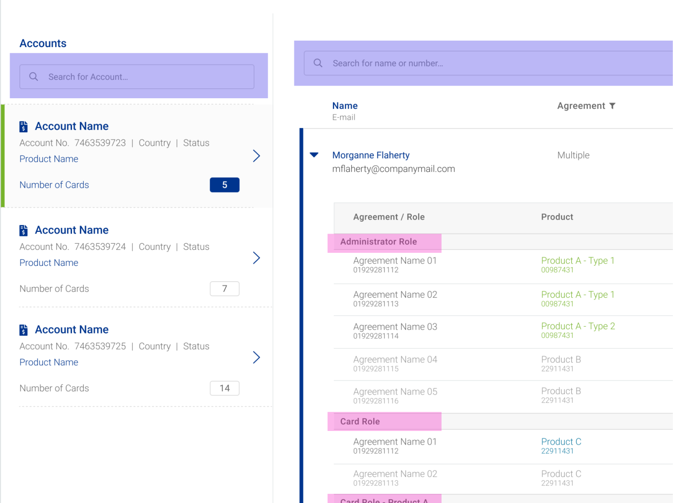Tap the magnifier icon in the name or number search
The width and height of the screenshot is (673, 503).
click(318, 63)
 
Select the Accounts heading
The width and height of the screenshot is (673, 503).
click(43, 43)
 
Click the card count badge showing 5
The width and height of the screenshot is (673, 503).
click(224, 185)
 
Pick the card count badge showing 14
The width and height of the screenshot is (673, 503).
click(224, 388)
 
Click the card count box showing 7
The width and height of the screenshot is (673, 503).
click(224, 289)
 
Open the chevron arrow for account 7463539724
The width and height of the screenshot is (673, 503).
click(256, 258)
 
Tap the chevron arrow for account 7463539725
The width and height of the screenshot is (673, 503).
click(256, 358)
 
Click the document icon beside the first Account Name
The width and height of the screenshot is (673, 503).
click(24, 127)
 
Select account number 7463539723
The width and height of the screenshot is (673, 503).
click(100, 143)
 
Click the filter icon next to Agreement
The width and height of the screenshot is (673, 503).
click(612, 106)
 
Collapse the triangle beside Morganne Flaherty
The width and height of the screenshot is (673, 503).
click(314, 155)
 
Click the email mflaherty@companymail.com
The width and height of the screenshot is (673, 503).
click(393, 169)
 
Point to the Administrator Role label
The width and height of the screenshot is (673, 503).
click(379, 242)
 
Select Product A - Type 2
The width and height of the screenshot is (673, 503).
click(578, 326)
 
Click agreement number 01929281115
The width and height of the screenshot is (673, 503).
click(376, 369)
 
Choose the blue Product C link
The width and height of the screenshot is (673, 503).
click(561, 441)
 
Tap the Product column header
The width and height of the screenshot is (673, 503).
click(557, 217)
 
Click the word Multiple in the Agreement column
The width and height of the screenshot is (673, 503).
click(573, 155)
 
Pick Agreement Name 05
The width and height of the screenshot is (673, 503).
click(395, 392)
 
